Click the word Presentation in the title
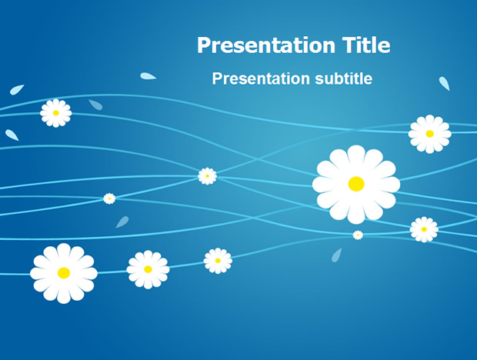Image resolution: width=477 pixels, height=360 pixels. [266, 45]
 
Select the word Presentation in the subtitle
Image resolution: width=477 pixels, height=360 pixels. [261, 78]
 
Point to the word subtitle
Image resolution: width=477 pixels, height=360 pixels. [344, 78]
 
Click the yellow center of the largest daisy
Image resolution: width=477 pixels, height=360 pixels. [356, 184]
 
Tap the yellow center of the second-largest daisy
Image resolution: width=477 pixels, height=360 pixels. [64, 273]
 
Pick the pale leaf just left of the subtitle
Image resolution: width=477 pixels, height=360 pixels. [148, 76]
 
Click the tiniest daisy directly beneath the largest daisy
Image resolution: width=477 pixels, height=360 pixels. [358, 235]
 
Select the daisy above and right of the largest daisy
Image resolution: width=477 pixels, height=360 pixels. [429, 134]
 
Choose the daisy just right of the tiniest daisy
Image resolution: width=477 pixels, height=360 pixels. [424, 229]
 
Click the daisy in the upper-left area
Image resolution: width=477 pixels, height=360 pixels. [55, 113]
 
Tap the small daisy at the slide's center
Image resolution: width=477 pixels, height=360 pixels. [207, 176]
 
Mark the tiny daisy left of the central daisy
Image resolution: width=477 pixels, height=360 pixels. [109, 198]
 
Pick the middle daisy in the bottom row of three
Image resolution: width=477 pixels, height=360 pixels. [148, 269]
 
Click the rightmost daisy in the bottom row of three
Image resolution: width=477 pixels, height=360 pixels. [218, 261]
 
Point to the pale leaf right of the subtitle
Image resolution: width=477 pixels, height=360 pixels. [444, 83]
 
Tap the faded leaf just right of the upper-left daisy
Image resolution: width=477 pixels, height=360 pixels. [95, 105]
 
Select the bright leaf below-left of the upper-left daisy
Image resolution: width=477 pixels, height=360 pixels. [12, 135]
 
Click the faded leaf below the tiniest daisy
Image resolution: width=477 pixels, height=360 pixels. [336, 255]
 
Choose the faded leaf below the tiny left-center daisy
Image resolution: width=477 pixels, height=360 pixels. [122, 222]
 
